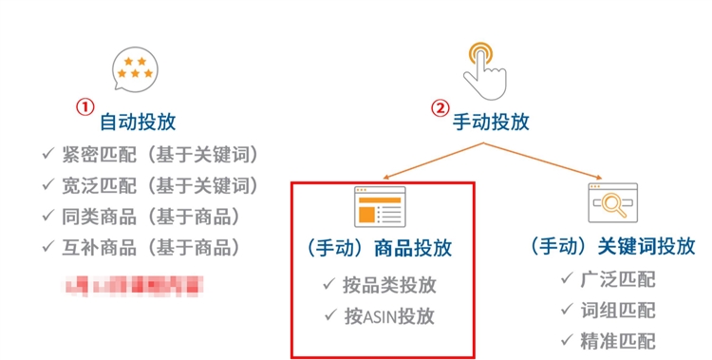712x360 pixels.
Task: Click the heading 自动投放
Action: click(x=138, y=123)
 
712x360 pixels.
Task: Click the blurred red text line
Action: click(x=133, y=283)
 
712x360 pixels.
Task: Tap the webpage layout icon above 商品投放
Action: click(x=380, y=206)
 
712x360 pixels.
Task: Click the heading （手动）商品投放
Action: click(x=380, y=249)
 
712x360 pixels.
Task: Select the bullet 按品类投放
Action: click(x=380, y=284)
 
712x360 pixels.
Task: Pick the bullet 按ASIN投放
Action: click(x=380, y=315)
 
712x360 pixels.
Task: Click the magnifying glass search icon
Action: click(x=613, y=203)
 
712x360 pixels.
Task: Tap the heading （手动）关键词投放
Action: click(x=612, y=247)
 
